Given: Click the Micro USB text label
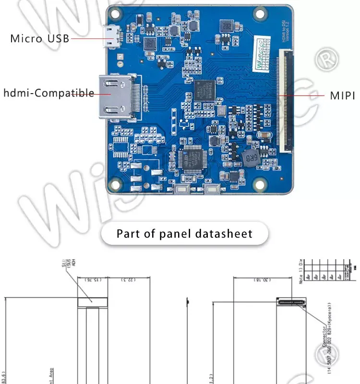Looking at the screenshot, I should [40, 38].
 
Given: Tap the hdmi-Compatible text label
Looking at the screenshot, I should [49, 93].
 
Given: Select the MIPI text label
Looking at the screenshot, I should [342, 96].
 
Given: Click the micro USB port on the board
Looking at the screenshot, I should [114, 37].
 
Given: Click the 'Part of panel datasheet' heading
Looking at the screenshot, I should [184, 234].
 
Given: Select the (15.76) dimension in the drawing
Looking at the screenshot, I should [92, 279].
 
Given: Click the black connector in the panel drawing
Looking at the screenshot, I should [291, 301].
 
